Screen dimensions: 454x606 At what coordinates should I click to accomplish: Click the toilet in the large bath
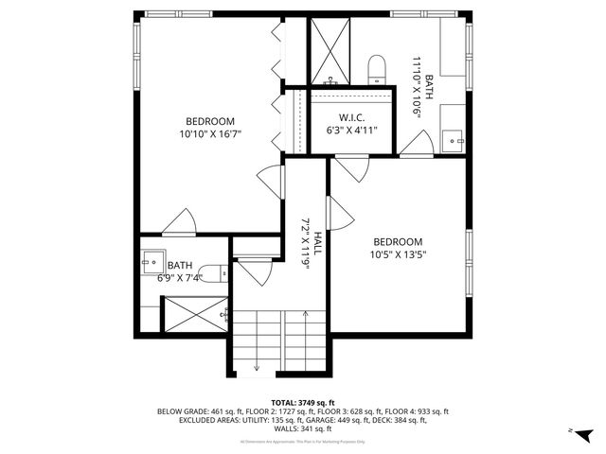(376, 67)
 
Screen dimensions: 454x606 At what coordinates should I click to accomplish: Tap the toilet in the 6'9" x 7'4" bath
(216, 273)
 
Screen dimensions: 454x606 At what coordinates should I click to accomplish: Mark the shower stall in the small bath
(194, 314)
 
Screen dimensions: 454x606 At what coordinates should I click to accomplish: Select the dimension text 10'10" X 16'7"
(210, 134)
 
